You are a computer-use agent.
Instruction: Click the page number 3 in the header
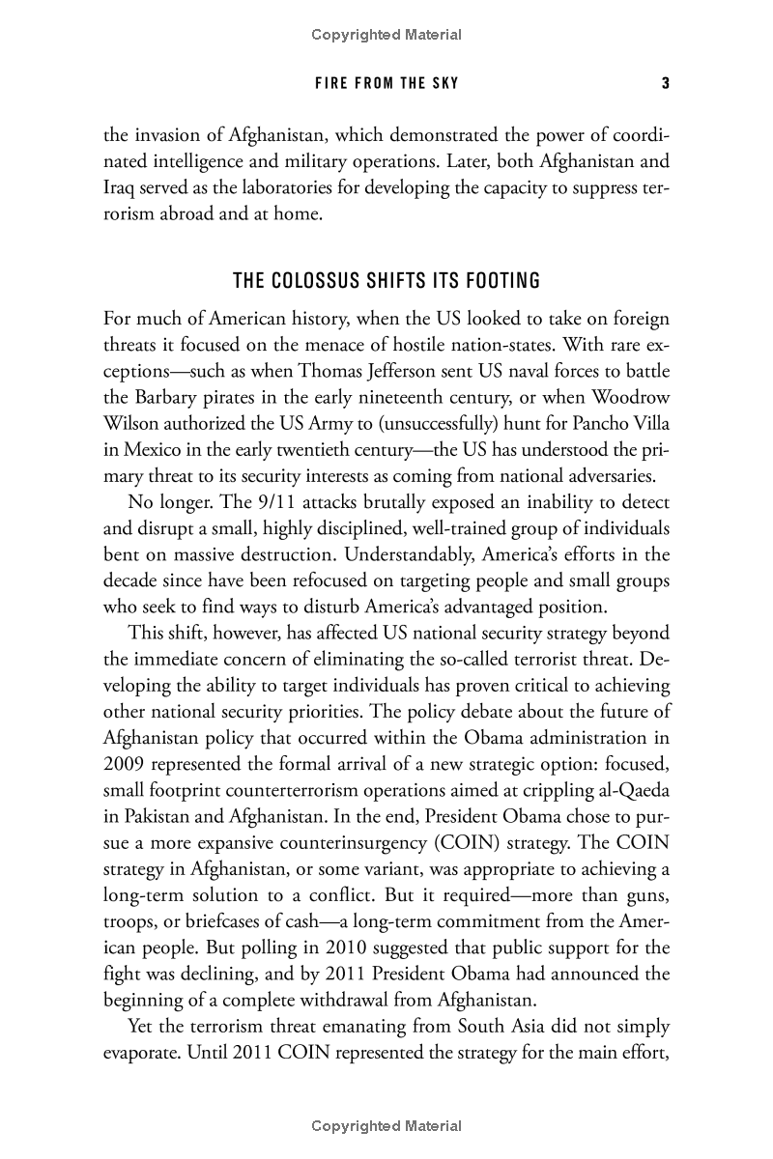pos(665,83)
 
